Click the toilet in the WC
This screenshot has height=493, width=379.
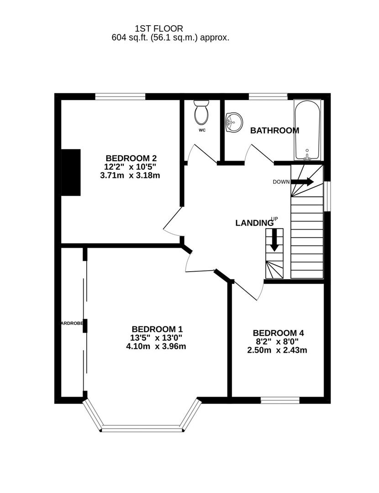[x=201, y=113]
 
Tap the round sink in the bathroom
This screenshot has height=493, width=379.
[x=233, y=122]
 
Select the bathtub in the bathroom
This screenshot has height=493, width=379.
[x=308, y=130]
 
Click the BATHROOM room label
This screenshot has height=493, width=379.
[x=274, y=131]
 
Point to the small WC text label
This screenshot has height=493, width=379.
[x=202, y=130]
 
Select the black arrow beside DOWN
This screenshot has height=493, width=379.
[x=302, y=182]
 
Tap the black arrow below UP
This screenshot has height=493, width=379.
[x=274, y=240]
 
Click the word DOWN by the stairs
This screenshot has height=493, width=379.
[x=281, y=182]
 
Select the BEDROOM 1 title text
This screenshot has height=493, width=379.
[x=157, y=329]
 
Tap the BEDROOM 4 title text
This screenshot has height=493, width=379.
[x=278, y=333]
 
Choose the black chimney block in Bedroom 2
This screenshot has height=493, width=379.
[x=71, y=173]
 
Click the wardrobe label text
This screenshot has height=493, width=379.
[x=72, y=323]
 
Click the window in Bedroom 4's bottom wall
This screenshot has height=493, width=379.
[x=280, y=400]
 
